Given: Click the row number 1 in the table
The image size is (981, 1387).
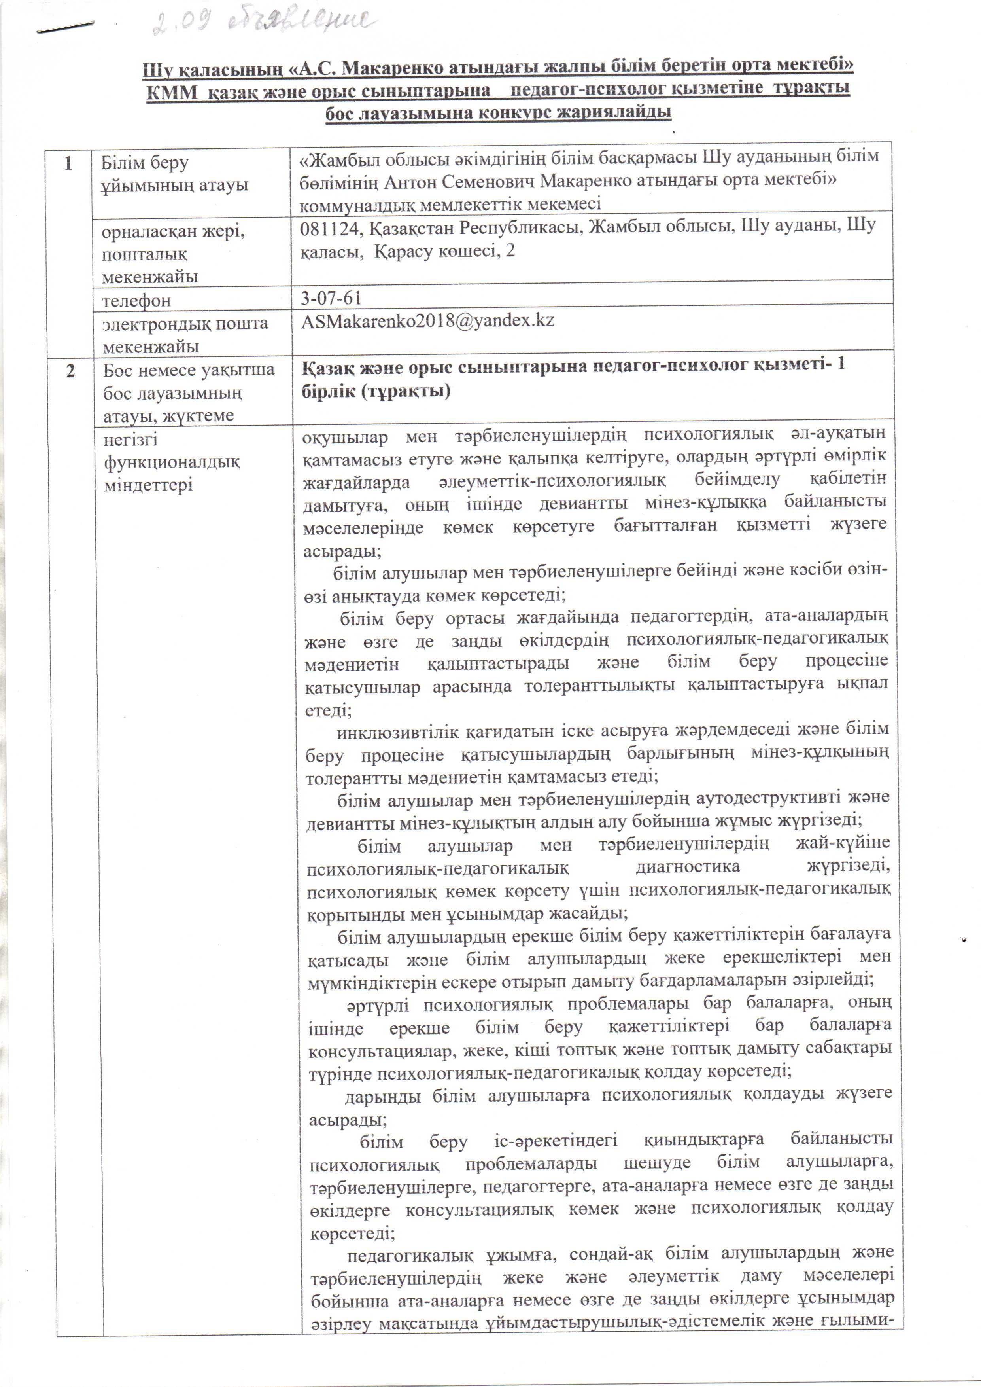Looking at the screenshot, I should tap(68, 163).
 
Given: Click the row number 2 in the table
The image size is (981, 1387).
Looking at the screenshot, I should tap(71, 370).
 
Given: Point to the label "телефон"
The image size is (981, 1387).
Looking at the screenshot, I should tap(136, 300).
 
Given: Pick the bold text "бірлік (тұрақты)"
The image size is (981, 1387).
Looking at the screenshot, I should tap(376, 391).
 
